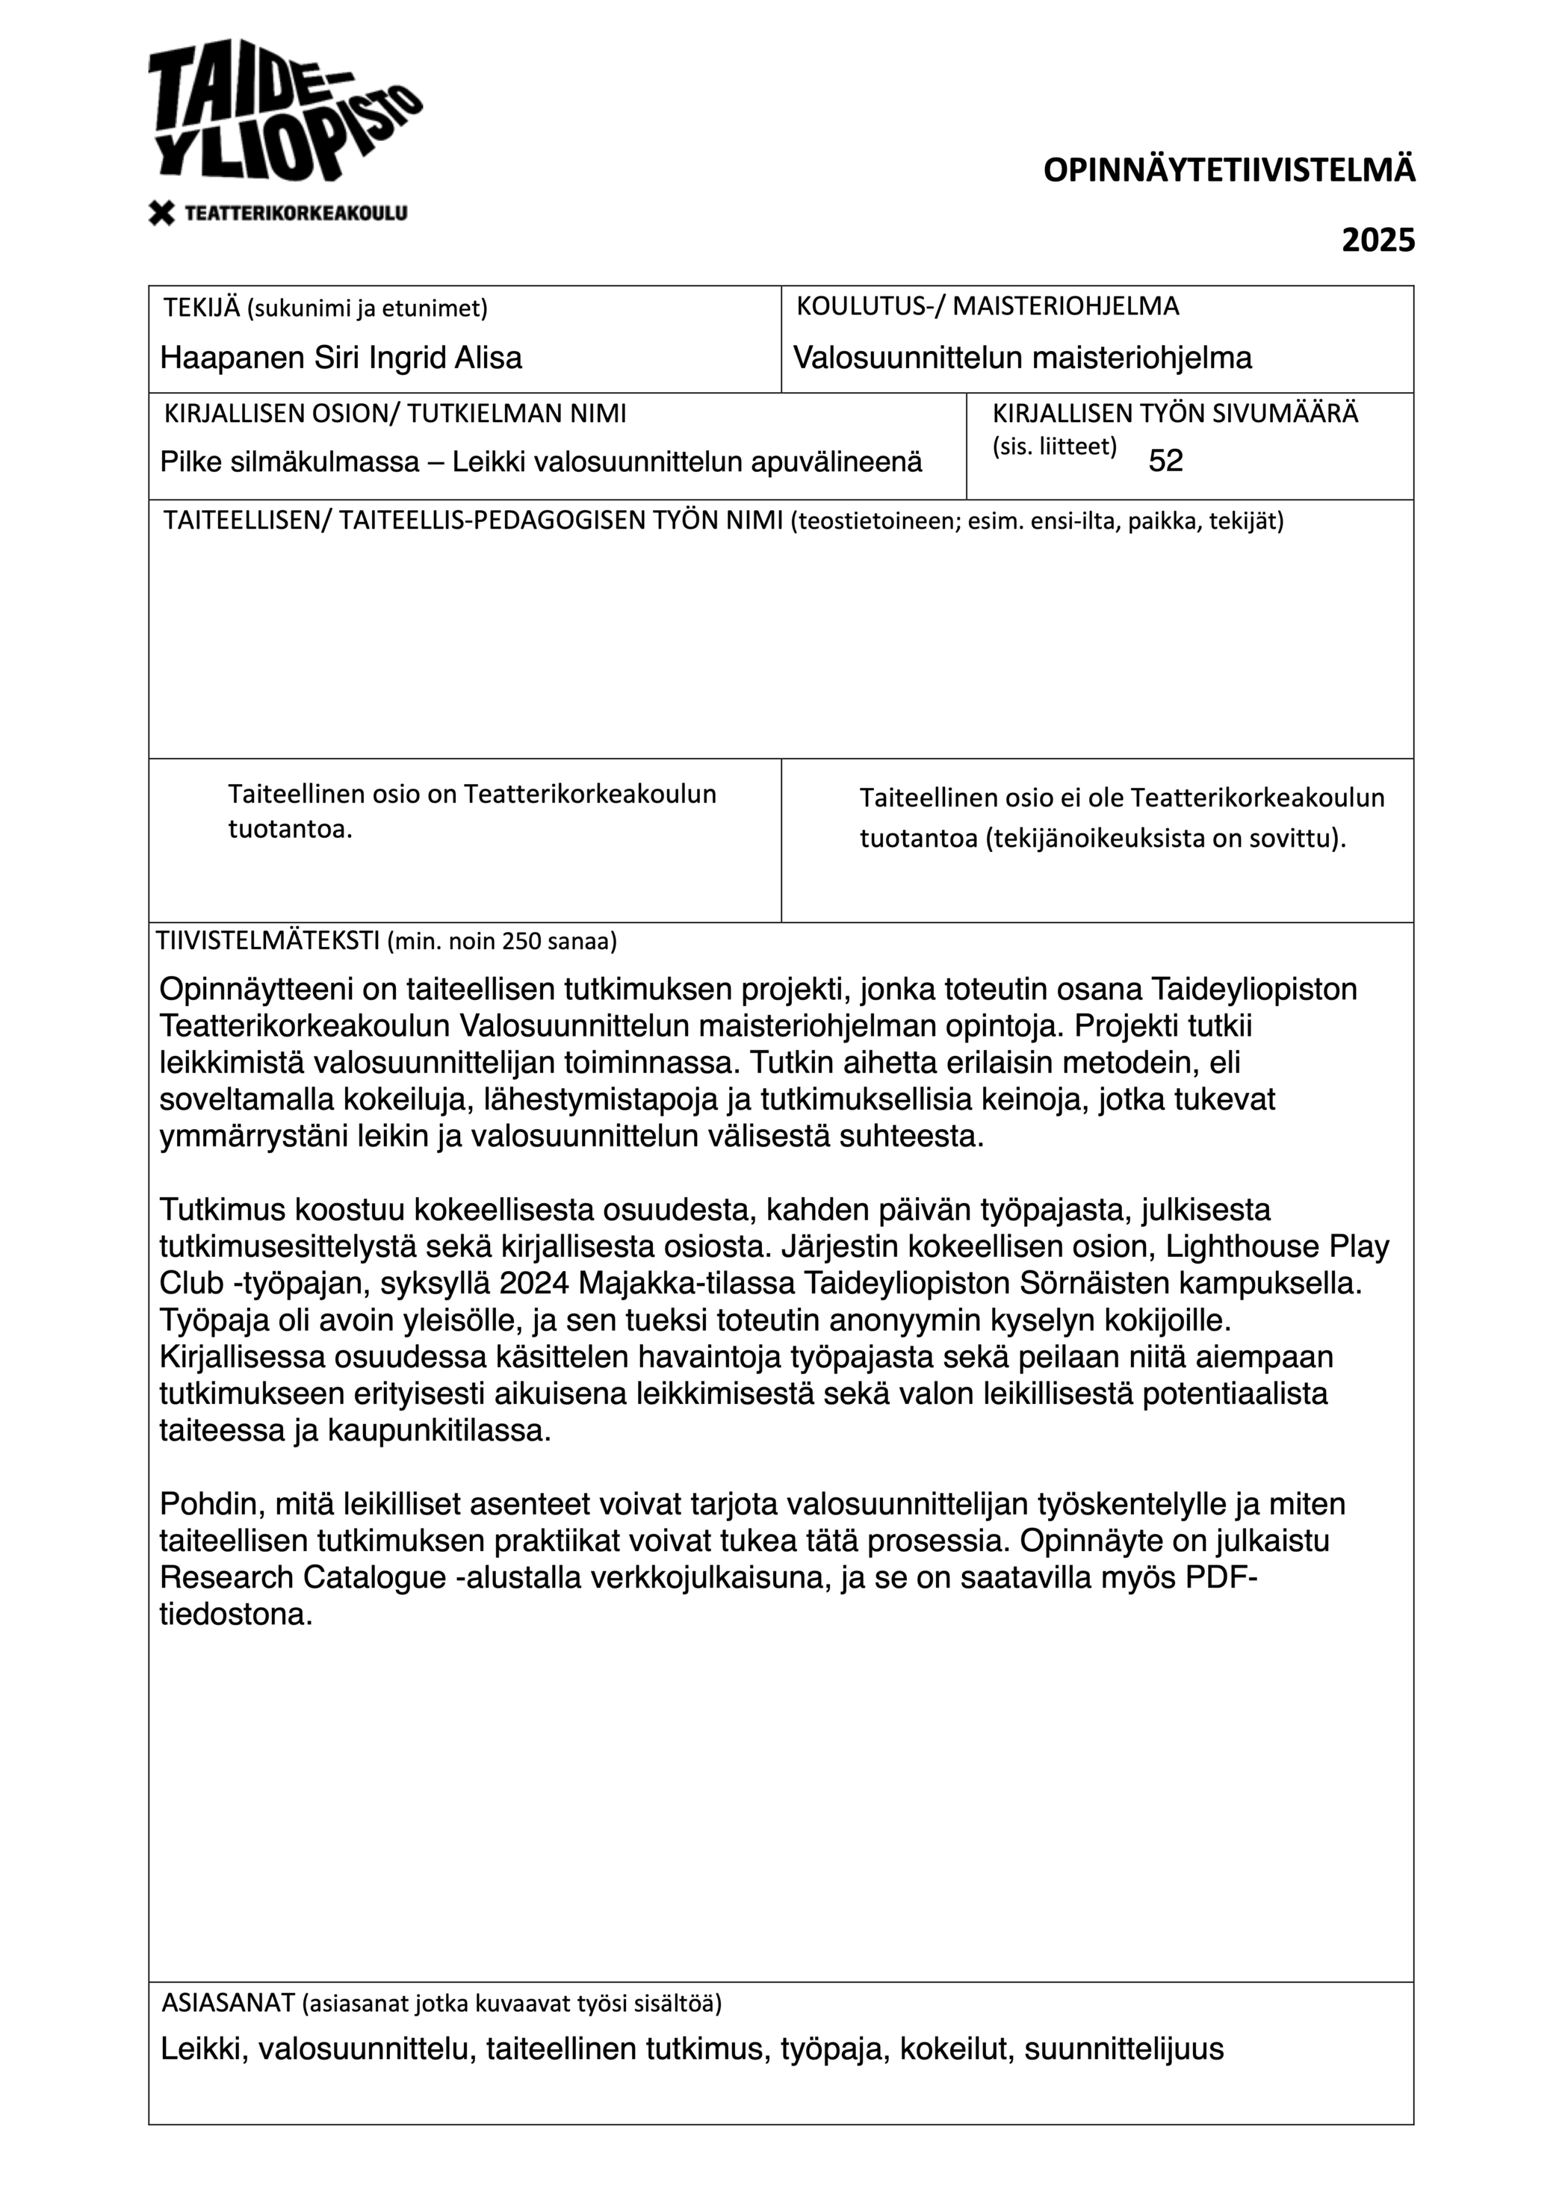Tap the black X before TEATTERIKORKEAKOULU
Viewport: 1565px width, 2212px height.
(x=162, y=213)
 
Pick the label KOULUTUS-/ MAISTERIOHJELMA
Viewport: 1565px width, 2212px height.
(x=987, y=306)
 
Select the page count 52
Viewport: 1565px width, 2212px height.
(x=1165, y=462)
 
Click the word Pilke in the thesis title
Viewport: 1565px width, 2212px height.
(x=192, y=462)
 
